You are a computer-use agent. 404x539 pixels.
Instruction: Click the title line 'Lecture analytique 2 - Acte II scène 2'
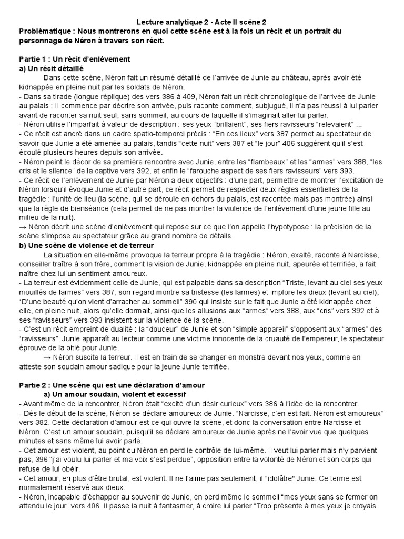pos(201,22)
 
